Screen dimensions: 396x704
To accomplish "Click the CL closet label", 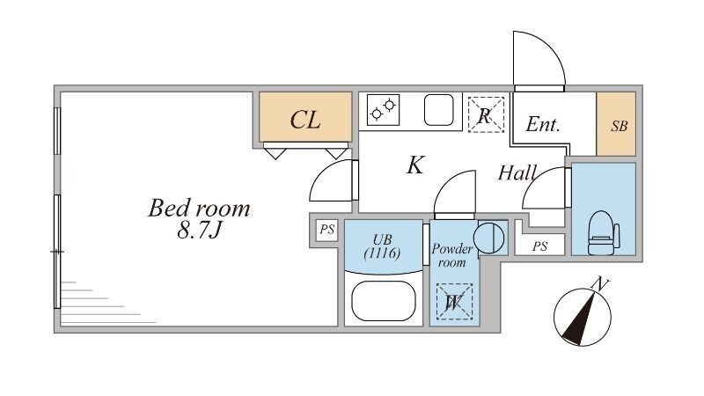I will [305, 120].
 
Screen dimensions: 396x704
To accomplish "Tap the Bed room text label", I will [199, 209].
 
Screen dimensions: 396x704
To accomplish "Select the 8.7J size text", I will [199, 231].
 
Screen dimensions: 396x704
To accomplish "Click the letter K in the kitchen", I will [415, 165].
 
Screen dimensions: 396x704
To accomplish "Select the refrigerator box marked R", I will [485, 114].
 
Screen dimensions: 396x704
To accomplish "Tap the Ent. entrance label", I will [543, 125].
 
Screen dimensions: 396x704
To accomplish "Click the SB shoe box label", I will [620, 125].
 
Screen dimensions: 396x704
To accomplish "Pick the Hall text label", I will [517, 172].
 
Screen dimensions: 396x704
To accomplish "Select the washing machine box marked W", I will [455, 303].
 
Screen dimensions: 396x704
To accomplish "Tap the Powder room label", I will [452, 255].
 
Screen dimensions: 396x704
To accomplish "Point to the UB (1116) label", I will [383, 247].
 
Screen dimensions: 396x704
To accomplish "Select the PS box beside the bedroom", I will [327, 231].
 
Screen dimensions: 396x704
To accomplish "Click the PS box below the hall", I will [539, 246].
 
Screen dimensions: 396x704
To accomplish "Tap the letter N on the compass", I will [600, 284].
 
